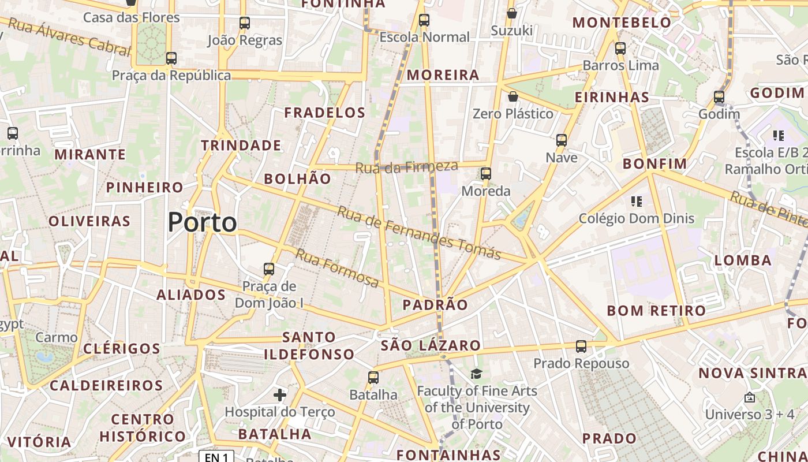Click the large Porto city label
[x=202, y=222]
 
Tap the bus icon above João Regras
[x=245, y=23]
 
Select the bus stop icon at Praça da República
[x=171, y=58]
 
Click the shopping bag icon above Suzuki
[x=511, y=13]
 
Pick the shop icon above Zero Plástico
[x=513, y=96]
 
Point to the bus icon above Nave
[x=561, y=140]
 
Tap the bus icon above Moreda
[x=486, y=174]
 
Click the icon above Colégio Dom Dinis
[x=637, y=202]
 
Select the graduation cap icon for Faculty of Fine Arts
[x=476, y=374]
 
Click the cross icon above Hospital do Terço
[x=280, y=395]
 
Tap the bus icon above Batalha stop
[x=373, y=378]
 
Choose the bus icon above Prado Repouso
[x=581, y=346]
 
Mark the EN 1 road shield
[x=216, y=457]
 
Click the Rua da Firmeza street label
[x=406, y=167]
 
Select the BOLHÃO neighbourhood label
[x=298, y=179]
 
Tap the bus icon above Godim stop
[x=719, y=97]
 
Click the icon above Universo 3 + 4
[x=749, y=397]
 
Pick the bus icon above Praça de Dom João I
[x=269, y=269]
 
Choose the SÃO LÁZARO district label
[x=431, y=346]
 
